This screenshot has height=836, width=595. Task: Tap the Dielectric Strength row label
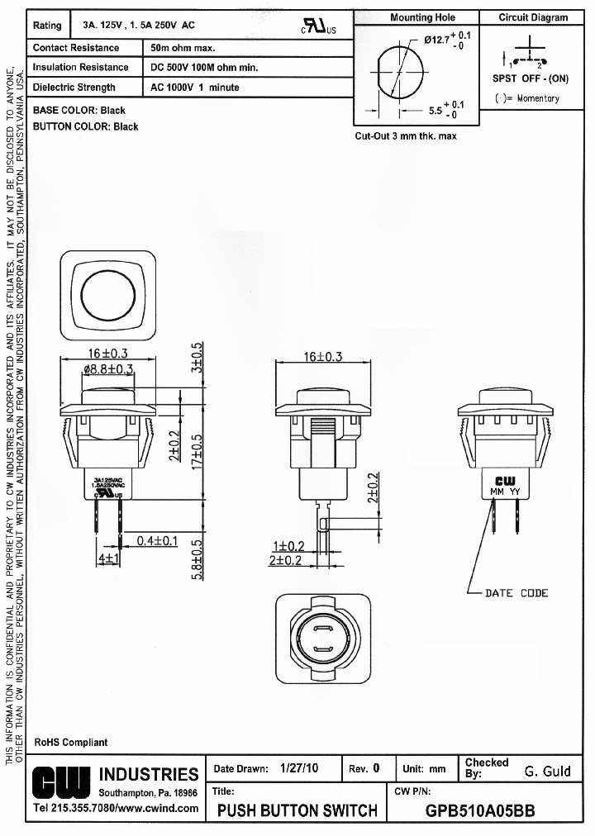(74, 88)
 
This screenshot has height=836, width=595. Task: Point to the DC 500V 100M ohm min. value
(204, 68)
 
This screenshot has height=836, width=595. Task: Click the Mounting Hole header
(422, 17)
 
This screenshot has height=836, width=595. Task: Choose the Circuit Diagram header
(533, 17)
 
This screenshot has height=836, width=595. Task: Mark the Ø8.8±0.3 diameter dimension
(107, 369)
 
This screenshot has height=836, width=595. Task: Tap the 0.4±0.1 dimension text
(158, 540)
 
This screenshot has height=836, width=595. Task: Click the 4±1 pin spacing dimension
(109, 558)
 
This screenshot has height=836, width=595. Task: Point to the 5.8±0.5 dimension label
(197, 560)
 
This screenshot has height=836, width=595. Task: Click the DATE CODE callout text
(516, 593)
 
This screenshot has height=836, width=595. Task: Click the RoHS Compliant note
(71, 743)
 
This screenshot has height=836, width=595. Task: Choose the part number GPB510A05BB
(479, 811)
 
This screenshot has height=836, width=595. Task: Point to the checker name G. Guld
(547, 772)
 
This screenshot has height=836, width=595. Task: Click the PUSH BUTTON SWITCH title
(297, 811)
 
